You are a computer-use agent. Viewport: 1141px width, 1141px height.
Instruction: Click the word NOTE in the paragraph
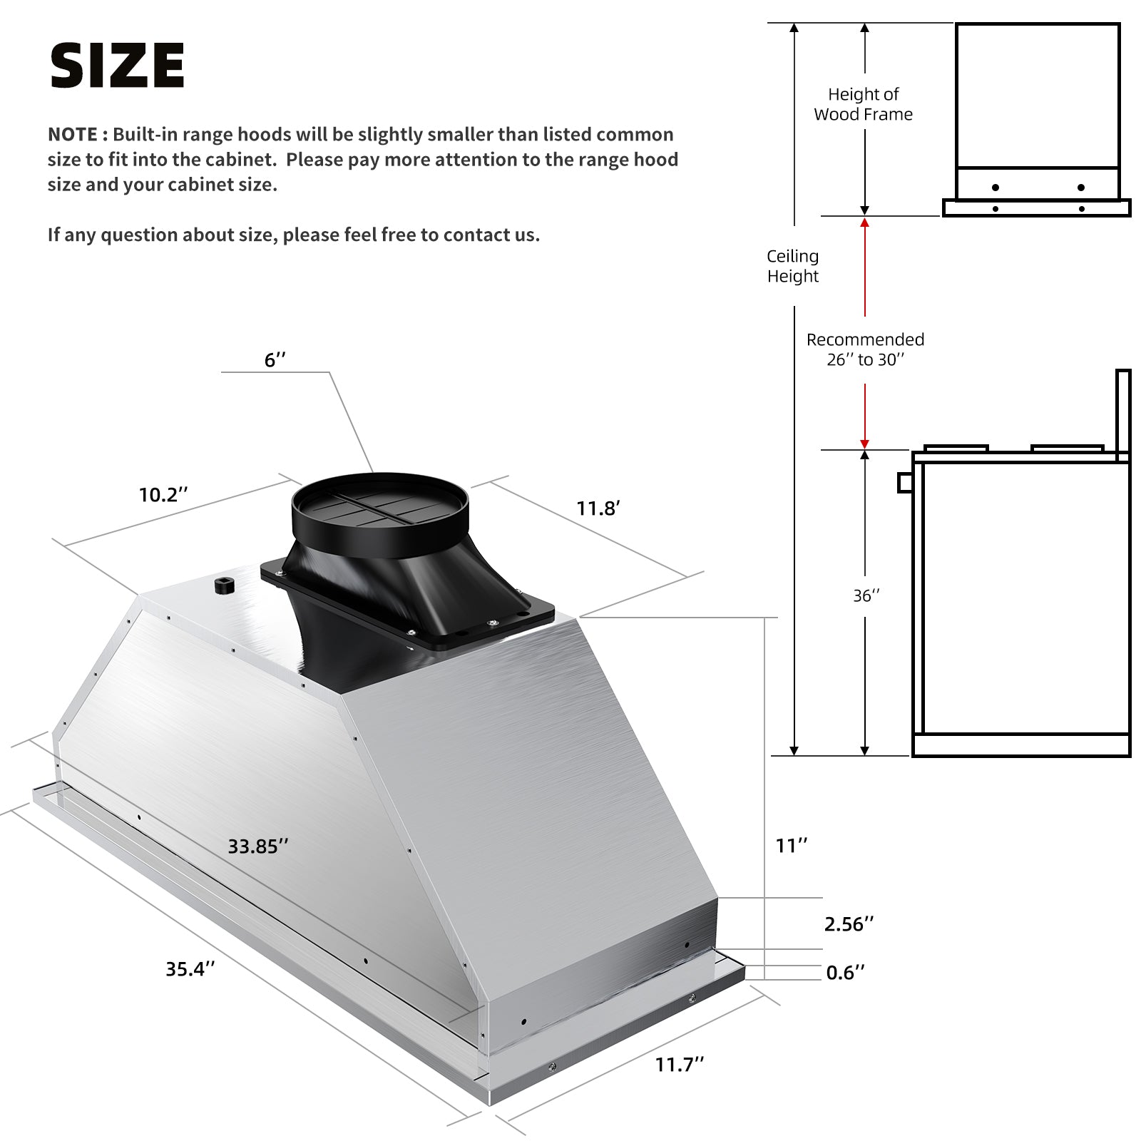[x=72, y=134]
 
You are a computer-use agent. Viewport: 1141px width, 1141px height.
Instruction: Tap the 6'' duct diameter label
[x=275, y=359]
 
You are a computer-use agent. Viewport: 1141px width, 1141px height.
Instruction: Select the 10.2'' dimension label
[x=163, y=494]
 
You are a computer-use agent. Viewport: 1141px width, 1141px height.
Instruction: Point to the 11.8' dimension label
[x=598, y=508]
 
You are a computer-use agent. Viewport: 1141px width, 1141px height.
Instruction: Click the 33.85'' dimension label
[x=258, y=846]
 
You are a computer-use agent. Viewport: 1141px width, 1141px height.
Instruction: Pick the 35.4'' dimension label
[x=190, y=968]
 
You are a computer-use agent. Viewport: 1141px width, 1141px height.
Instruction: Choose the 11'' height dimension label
[x=792, y=845]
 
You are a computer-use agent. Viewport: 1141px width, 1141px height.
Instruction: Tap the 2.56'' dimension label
[x=849, y=923]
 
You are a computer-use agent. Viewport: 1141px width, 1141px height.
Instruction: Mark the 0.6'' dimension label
[x=845, y=972]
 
